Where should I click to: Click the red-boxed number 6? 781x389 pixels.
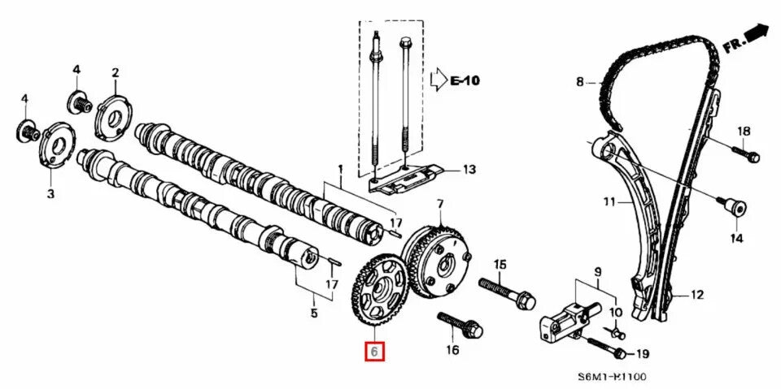[374, 352]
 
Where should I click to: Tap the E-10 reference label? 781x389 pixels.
[466, 80]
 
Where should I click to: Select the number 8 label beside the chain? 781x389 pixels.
[579, 81]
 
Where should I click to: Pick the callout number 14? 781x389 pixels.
[735, 238]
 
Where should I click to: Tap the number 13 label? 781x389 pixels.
[469, 170]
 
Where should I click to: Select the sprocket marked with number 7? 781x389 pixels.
[438, 260]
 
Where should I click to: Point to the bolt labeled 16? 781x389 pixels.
[460, 325]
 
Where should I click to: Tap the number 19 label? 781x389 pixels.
[642, 352]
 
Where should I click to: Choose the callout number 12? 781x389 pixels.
[696, 295]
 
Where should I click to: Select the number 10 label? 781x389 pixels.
[615, 312]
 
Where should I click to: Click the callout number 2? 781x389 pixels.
[115, 73]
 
